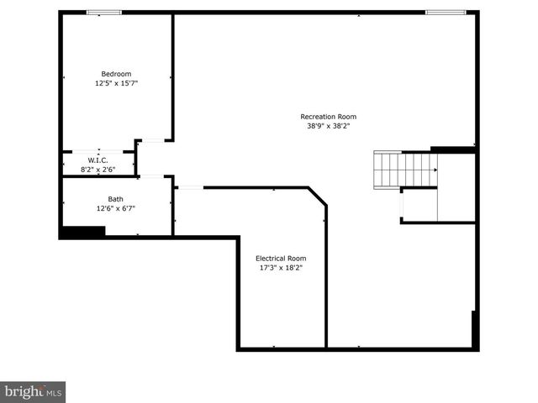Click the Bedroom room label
point(117,73)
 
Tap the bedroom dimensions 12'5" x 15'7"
point(117,84)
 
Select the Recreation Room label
point(329,116)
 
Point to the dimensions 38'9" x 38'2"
point(329,127)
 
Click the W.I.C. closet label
point(98,160)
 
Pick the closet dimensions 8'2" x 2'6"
point(98,170)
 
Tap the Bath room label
point(116,199)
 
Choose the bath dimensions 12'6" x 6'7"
point(116,209)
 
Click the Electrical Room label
point(281,258)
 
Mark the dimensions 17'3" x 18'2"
point(281,269)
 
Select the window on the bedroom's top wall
point(104,13)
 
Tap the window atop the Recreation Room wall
point(446,13)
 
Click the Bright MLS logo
point(33,392)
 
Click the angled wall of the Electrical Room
point(317,196)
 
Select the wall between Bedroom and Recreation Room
point(173,76)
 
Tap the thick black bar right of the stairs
point(453,149)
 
